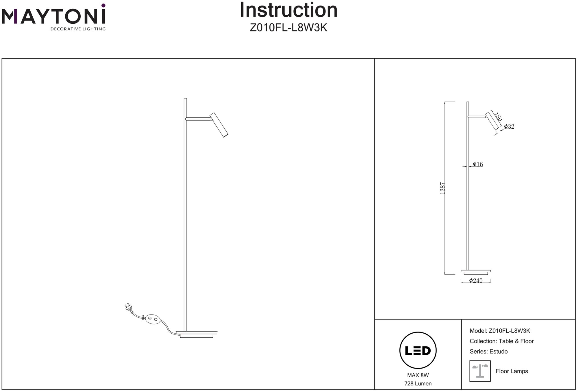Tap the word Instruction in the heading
[x=288, y=10]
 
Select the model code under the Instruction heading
[x=288, y=28]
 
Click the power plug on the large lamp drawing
[x=128, y=308]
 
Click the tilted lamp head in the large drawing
[x=219, y=125]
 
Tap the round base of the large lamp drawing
[x=197, y=334]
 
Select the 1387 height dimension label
[x=442, y=188]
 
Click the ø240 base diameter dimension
[x=476, y=281]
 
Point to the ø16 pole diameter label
[x=478, y=164]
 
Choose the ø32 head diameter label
[x=509, y=127]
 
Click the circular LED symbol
[x=418, y=351]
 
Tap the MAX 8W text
[x=418, y=375]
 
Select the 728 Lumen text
[x=418, y=384]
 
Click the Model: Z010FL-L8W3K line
[x=500, y=331]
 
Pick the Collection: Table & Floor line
[x=502, y=341]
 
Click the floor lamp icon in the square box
[x=480, y=371]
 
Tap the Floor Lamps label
[x=512, y=371]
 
